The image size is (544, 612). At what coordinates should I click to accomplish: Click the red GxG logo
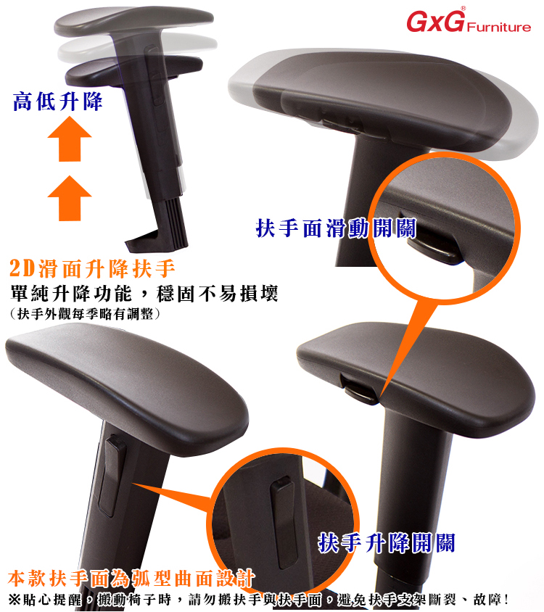point(435,21)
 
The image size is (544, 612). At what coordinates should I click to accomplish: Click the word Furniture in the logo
point(499,27)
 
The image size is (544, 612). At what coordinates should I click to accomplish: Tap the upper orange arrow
point(70,139)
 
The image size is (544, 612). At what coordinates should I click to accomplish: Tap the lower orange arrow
point(70,198)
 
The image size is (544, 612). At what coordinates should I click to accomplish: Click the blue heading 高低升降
point(57,102)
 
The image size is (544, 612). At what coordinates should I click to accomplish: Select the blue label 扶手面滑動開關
point(337,228)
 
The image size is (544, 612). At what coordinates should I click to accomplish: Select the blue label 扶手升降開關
point(387,543)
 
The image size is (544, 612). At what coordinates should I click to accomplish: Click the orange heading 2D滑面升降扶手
point(92,268)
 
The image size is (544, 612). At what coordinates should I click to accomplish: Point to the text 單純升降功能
point(71,294)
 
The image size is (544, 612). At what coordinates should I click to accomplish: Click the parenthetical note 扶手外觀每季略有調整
point(85,314)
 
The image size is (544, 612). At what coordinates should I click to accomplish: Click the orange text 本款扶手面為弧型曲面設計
point(131,579)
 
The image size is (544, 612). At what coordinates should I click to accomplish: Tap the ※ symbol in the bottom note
point(14,599)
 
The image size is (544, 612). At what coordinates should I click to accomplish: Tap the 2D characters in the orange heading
point(22,268)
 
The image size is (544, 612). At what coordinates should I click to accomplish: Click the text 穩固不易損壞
point(217,294)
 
